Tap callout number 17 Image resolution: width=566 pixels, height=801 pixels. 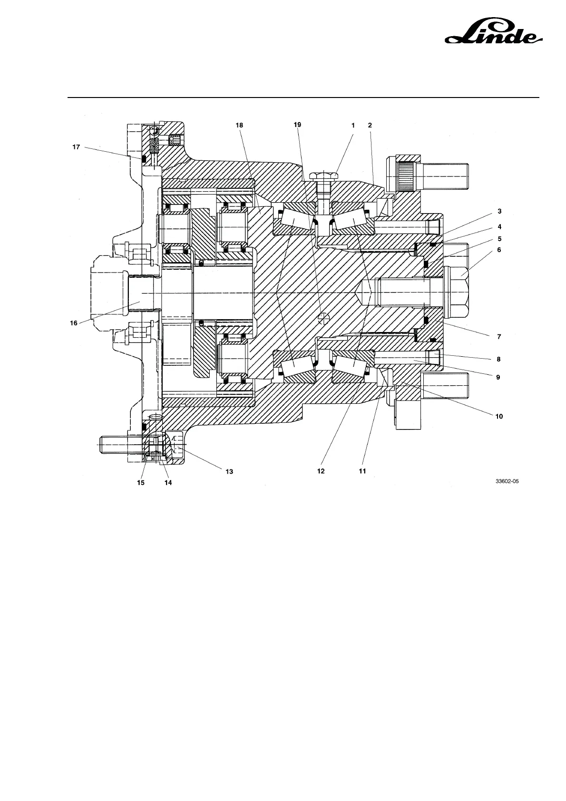[x=76, y=147]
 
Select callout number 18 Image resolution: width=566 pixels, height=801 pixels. [x=239, y=125]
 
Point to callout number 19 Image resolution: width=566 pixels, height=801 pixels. [x=297, y=125]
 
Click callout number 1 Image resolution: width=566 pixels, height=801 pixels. [x=353, y=126]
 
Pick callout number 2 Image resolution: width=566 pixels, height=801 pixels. [x=370, y=126]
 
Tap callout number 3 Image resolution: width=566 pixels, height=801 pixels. [x=499, y=211]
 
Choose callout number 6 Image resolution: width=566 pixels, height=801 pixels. [x=499, y=250]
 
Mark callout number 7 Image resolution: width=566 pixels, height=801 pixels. [x=499, y=337]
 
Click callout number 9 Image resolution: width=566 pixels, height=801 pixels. [x=498, y=377]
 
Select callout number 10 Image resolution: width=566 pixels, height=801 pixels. [x=499, y=416]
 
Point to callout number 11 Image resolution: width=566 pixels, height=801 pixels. [x=362, y=471]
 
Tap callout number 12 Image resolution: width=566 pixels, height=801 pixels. [x=321, y=471]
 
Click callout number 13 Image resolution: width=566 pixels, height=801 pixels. [x=229, y=471]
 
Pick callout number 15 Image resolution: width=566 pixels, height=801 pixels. [x=141, y=482]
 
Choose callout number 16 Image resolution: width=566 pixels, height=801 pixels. [x=74, y=323]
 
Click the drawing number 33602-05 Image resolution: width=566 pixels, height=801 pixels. [x=507, y=481]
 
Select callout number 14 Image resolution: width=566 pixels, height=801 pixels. [x=168, y=482]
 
